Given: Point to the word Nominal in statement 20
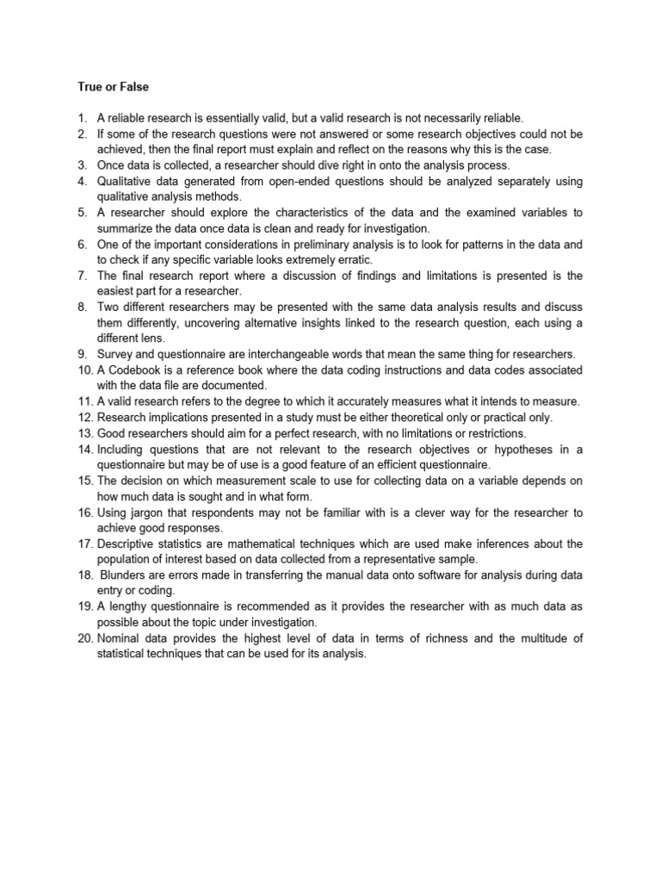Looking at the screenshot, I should tap(120, 637).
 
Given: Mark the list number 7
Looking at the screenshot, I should tap(83, 276).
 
